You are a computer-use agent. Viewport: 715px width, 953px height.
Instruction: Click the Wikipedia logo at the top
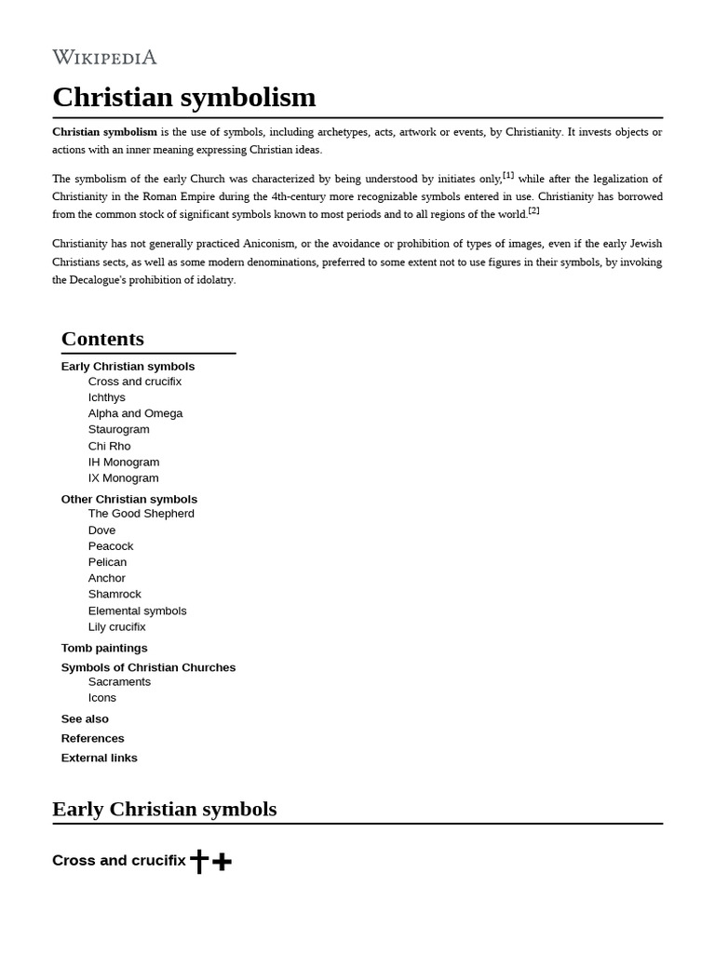point(104,58)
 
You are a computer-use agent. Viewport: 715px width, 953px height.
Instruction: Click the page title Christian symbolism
point(183,97)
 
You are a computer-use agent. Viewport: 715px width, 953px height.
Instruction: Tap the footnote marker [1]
point(508,175)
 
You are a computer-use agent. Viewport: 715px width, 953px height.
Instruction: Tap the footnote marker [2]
point(533,210)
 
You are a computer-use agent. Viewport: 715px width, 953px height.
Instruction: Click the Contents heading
point(102,339)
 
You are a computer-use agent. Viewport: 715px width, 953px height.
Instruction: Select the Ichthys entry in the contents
point(107,397)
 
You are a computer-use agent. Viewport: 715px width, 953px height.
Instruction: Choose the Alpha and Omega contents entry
point(135,413)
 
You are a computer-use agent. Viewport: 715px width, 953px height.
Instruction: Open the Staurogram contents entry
point(118,429)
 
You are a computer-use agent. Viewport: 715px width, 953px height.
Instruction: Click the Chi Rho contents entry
point(109,446)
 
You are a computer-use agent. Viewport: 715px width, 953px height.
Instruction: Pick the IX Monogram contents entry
point(123,478)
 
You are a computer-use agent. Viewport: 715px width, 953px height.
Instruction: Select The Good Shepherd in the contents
point(141,514)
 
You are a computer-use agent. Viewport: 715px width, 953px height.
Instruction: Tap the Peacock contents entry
point(111,546)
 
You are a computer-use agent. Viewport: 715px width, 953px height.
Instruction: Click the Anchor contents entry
point(107,578)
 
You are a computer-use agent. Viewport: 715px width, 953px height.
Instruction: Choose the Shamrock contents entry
point(115,594)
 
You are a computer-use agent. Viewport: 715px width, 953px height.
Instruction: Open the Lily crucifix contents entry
point(116,626)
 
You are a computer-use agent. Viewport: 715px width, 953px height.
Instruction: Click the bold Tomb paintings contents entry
point(104,648)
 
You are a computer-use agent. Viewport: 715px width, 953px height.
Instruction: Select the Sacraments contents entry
point(119,681)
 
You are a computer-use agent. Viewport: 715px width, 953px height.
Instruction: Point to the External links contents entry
point(99,758)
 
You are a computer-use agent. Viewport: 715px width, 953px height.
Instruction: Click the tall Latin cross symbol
point(198,861)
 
